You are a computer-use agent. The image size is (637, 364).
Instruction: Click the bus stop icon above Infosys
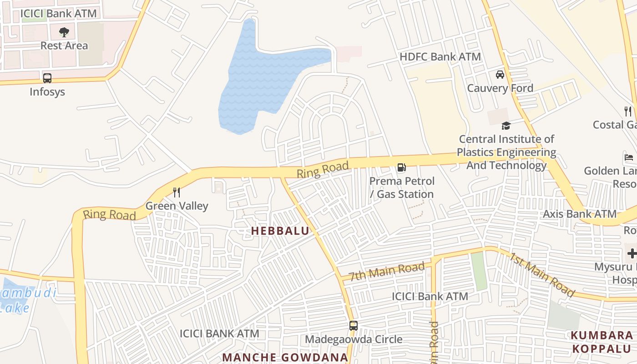point(47,78)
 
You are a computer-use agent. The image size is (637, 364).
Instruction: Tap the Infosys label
point(47,91)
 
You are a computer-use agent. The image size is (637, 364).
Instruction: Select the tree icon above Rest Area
point(64,32)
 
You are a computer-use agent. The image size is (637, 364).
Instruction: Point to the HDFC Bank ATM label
point(440,57)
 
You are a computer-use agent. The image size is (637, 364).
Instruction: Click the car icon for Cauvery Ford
point(500,74)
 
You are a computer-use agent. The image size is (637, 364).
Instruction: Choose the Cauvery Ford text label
point(500,88)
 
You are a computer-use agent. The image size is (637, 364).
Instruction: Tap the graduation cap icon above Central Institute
point(506,126)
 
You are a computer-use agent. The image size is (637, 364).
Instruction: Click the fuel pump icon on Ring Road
point(401,167)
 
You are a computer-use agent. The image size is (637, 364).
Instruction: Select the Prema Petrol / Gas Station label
point(402,187)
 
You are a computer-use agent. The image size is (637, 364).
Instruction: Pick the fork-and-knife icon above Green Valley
point(177,192)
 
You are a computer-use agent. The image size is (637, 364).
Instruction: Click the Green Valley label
point(177,206)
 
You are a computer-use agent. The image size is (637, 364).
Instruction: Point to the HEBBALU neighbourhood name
point(280,231)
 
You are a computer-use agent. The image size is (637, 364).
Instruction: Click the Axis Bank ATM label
point(580,214)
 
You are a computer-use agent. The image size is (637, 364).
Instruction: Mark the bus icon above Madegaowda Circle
point(354,326)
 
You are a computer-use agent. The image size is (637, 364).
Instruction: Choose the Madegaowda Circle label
point(354,339)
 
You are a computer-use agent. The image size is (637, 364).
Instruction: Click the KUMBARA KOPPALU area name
point(602,342)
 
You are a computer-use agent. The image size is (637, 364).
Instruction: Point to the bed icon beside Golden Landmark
point(629,158)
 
